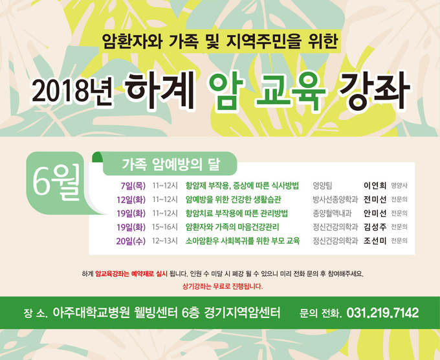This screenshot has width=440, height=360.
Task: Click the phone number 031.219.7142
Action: (x=383, y=313)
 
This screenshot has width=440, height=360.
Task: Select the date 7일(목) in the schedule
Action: (x=133, y=186)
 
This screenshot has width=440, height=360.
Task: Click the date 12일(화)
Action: (x=131, y=199)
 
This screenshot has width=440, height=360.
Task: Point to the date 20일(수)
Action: (x=131, y=241)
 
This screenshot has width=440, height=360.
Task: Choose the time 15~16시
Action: (x=165, y=227)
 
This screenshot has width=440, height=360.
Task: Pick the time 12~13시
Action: (x=165, y=241)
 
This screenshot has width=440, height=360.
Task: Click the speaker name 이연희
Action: (x=375, y=185)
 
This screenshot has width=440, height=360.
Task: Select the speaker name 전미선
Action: (x=375, y=199)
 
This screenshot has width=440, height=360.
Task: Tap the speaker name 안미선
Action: (x=375, y=214)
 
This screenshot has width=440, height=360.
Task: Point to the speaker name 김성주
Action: (x=375, y=227)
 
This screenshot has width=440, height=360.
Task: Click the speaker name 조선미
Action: (x=375, y=241)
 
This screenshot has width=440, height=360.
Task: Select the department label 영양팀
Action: (x=322, y=186)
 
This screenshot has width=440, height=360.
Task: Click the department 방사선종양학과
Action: (x=335, y=199)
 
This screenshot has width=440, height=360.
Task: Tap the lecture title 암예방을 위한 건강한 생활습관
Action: (x=233, y=199)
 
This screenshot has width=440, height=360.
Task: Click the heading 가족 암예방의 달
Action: (x=171, y=164)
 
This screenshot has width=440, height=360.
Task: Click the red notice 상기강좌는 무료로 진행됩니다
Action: (x=223, y=287)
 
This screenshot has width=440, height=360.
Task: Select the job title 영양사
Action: (x=399, y=186)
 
